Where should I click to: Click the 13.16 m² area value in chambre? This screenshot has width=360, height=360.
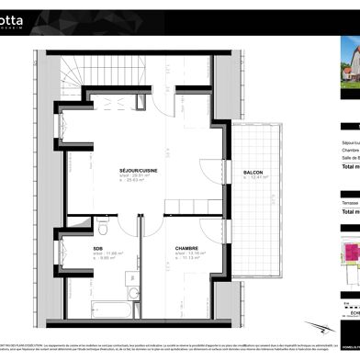194,253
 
